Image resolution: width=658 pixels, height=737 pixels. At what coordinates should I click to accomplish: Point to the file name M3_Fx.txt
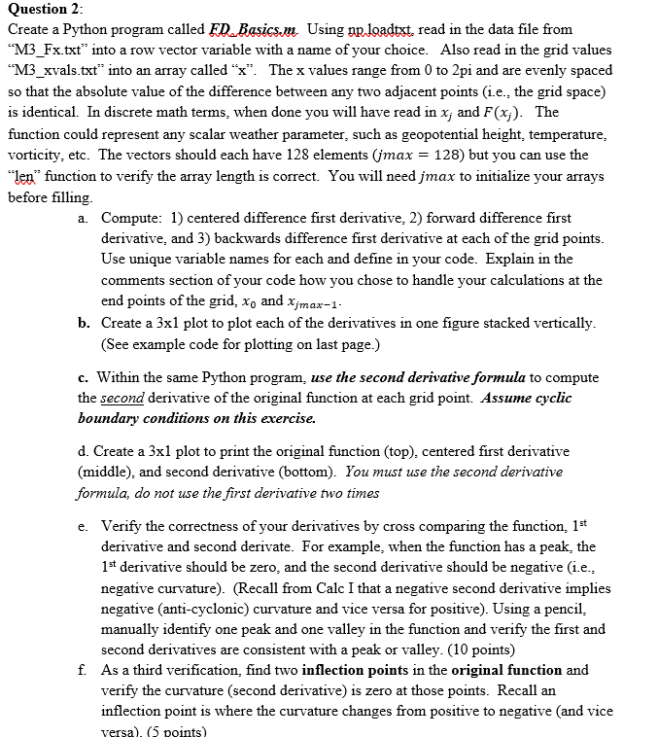(40, 51)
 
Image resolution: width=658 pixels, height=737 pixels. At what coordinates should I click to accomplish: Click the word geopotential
(420, 133)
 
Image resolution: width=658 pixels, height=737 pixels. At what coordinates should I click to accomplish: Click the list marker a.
(83, 218)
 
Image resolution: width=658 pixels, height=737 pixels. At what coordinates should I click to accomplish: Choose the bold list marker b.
(84, 323)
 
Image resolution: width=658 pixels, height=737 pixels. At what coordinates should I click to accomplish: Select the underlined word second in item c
(123, 398)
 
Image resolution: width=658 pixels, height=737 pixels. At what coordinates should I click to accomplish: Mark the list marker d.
(83, 452)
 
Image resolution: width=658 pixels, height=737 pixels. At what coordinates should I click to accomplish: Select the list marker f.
(83, 671)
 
